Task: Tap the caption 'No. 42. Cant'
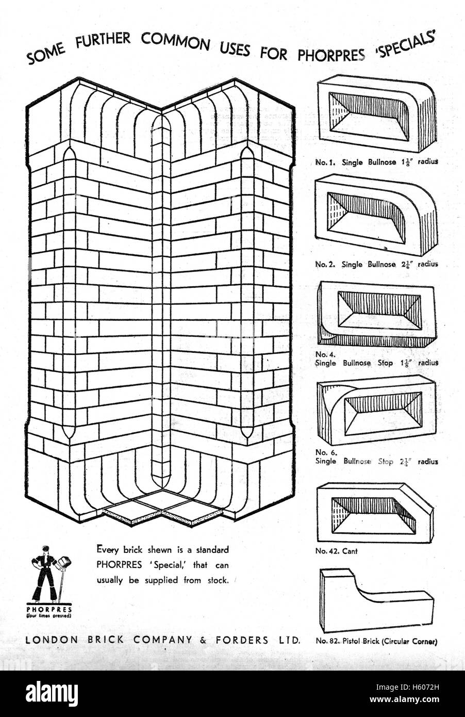[336, 551]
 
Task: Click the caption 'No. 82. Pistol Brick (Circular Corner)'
[376, 642]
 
